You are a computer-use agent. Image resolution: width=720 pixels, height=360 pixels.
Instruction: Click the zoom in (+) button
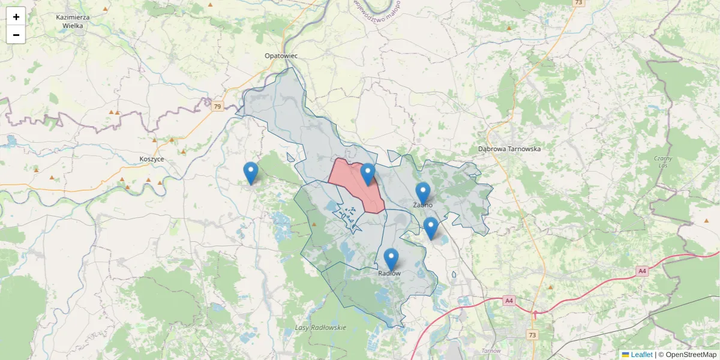(x=16, y=17)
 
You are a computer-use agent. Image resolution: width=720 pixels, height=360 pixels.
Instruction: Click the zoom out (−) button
(x=16, y=35)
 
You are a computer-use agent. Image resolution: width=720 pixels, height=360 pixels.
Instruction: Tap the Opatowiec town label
(x=281, y=56)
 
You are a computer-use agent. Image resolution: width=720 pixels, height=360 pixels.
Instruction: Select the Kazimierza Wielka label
(x=73, y=22)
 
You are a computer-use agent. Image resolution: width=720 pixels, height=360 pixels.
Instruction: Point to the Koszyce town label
(x=151, y=159)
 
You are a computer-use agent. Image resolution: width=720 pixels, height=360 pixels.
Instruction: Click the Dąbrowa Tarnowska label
(x=509, y=149)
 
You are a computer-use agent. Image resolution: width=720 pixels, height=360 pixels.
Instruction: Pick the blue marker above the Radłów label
(x=391, y=259)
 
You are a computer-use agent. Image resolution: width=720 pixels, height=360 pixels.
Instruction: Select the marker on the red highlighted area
(x=368, y=174)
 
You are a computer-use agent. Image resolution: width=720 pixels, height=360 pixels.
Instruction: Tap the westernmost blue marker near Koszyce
(x=251, y=173)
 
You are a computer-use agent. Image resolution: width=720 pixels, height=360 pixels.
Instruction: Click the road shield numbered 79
(x=217, y=107)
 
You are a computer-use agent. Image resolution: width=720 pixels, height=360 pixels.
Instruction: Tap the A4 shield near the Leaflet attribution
(x=642, y=271)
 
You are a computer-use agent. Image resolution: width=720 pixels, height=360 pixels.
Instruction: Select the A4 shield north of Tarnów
(x=509, y=300)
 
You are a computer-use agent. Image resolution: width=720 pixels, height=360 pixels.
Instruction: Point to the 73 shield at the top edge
(x=578, y=3)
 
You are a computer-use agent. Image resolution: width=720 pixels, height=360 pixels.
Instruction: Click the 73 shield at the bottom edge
(x=532, y=334)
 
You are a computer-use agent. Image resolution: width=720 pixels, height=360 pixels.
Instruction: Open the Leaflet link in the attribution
(x=641, y=355)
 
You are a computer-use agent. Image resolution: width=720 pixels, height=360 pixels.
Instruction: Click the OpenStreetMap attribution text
(x=691, y=355)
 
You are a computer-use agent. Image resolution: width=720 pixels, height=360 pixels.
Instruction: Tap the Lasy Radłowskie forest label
(x=321, y=328)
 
